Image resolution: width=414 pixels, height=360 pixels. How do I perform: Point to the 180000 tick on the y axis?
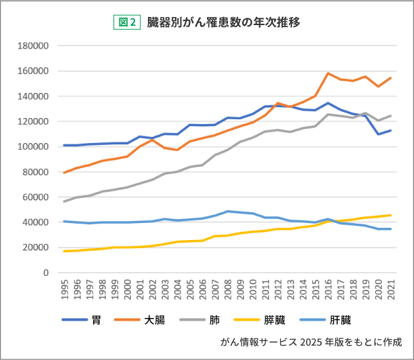(34, 46)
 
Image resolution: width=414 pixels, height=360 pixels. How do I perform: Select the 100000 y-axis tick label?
(34, 147)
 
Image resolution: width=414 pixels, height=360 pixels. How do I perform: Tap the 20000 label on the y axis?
(37, 247)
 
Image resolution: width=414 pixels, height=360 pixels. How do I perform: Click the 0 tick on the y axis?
(45, 273)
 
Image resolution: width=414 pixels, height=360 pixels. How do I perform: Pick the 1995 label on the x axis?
(64, 289)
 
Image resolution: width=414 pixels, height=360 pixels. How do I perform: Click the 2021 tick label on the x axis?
(391, 289)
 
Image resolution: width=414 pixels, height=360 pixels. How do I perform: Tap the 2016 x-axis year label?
(328, 289)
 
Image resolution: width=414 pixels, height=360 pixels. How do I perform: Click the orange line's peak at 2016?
(328, 73)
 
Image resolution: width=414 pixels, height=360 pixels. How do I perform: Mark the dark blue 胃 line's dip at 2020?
(379, 134)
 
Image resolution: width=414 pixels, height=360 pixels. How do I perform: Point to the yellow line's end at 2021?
(391, 215)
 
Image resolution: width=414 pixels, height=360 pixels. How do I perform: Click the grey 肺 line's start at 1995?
(64, 201)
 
